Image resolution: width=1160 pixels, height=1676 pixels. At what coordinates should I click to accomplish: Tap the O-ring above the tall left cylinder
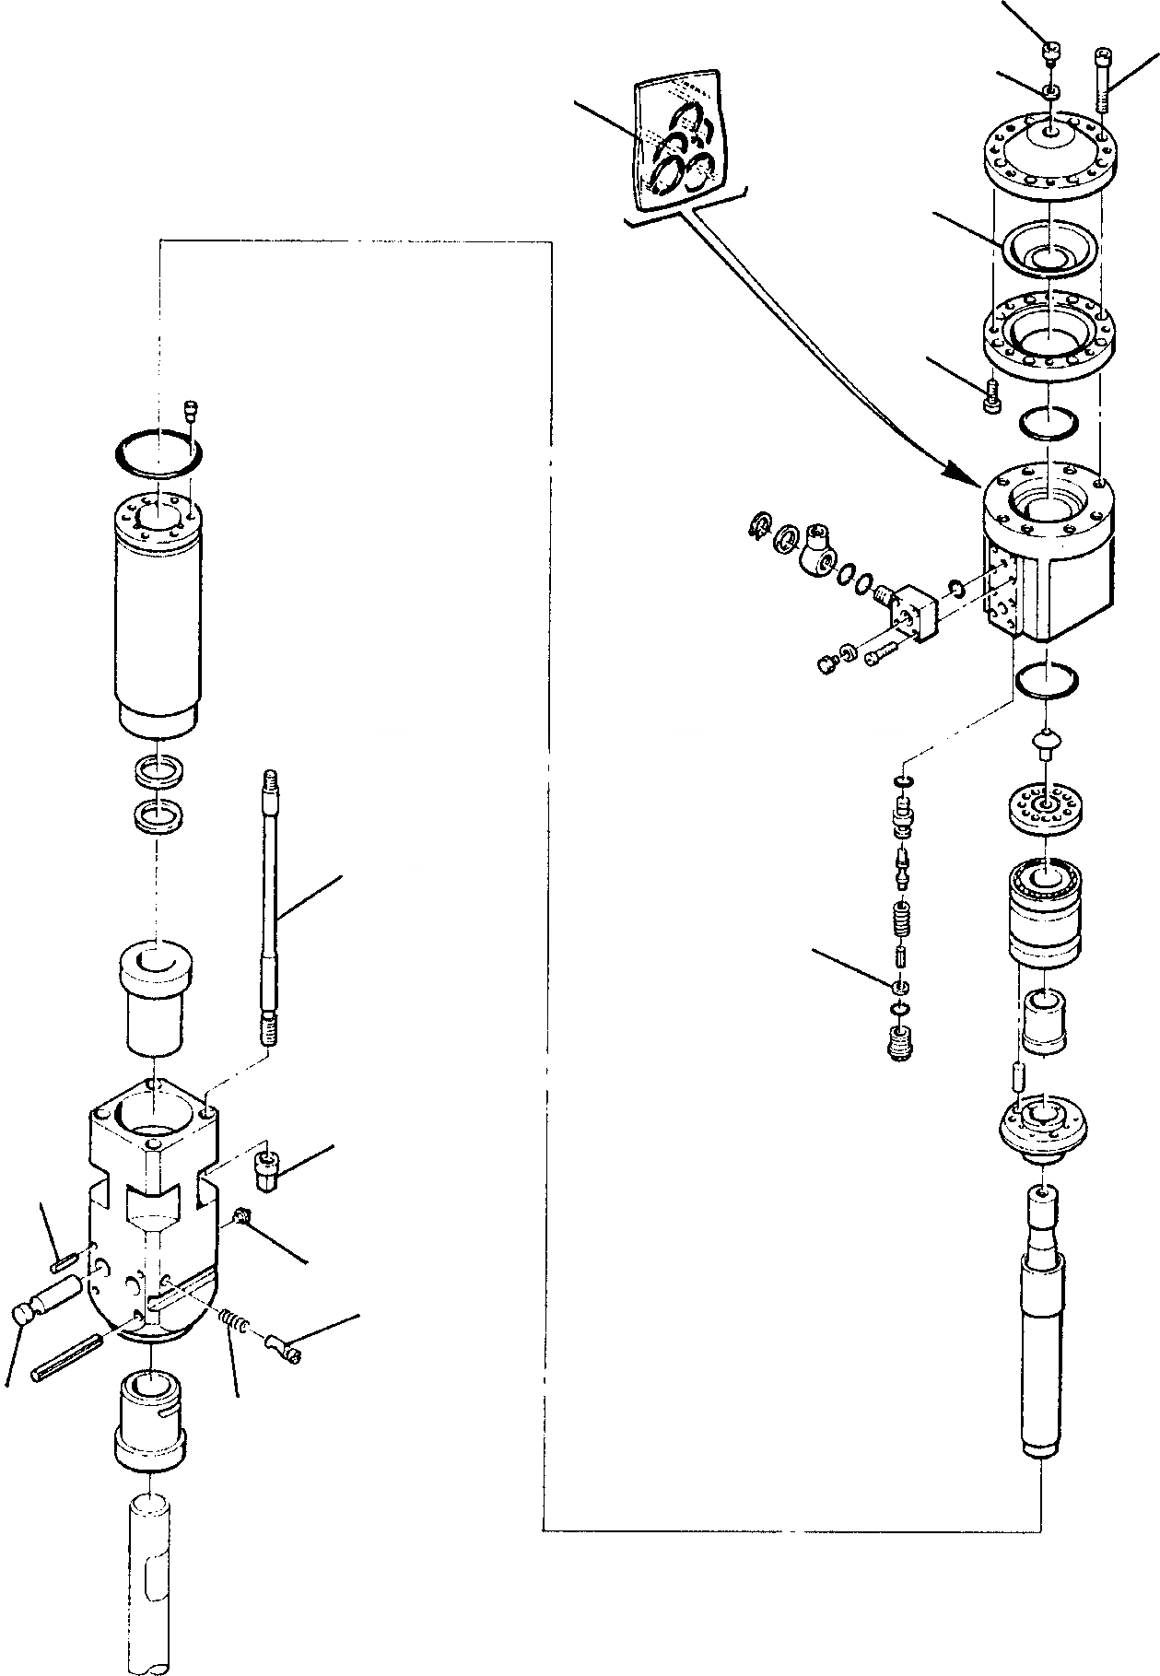158,455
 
